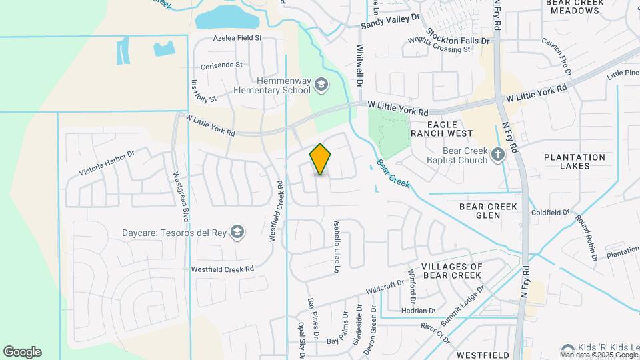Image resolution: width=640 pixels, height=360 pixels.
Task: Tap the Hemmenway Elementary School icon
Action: point(321,84)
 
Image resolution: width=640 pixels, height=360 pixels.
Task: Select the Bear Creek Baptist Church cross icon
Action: point(497,155)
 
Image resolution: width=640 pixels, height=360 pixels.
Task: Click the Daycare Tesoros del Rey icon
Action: point(237,232)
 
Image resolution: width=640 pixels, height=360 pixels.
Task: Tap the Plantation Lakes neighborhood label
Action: point(575,161)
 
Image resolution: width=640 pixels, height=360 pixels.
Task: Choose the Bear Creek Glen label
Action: point(489,211)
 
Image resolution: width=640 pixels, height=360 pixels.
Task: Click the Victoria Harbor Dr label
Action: point(107,162)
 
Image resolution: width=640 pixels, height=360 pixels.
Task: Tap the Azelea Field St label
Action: point(237,39)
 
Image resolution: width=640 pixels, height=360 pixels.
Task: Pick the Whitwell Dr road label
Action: point(359,67)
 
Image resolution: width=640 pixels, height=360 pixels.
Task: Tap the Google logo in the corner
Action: point(22,352)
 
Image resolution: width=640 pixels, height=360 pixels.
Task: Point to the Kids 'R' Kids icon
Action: point(567,349)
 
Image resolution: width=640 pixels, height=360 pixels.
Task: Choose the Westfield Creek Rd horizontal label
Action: point(223,269)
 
